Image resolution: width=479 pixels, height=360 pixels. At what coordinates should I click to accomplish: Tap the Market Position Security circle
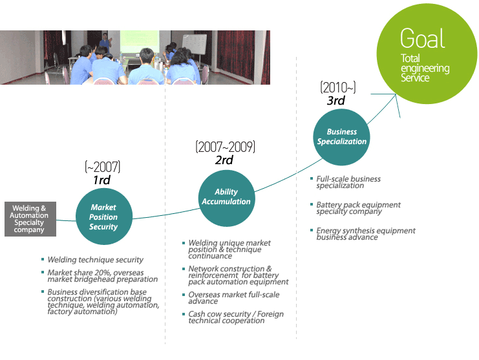[103, 217]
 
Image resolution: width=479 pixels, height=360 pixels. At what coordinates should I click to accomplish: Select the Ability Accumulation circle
[226, 196]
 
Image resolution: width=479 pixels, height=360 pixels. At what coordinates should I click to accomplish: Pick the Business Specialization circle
[342, 136]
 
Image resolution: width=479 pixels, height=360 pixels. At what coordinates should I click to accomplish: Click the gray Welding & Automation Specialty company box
[30, 219]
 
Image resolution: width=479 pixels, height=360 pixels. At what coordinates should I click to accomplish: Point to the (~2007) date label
[102, 167]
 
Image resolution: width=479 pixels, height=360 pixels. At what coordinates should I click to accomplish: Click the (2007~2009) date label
[225, 147]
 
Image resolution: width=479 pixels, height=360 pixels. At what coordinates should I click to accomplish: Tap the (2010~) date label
[337, 88]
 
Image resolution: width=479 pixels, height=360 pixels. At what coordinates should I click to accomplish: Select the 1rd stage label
[101, 180]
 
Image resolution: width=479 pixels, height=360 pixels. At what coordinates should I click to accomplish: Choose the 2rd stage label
[224, 160]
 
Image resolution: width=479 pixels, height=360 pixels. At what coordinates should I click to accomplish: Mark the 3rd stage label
[335, 101]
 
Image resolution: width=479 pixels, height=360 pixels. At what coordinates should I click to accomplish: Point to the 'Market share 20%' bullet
[102, 276]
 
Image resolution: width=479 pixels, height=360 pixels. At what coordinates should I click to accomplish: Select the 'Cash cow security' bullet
[235, 317]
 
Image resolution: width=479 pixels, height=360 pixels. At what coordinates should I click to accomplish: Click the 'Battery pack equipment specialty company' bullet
[358, 208]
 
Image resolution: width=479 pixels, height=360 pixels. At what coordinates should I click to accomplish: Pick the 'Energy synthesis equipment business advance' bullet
[365, 233]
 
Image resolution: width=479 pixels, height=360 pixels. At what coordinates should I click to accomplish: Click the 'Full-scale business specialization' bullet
[348, 182]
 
